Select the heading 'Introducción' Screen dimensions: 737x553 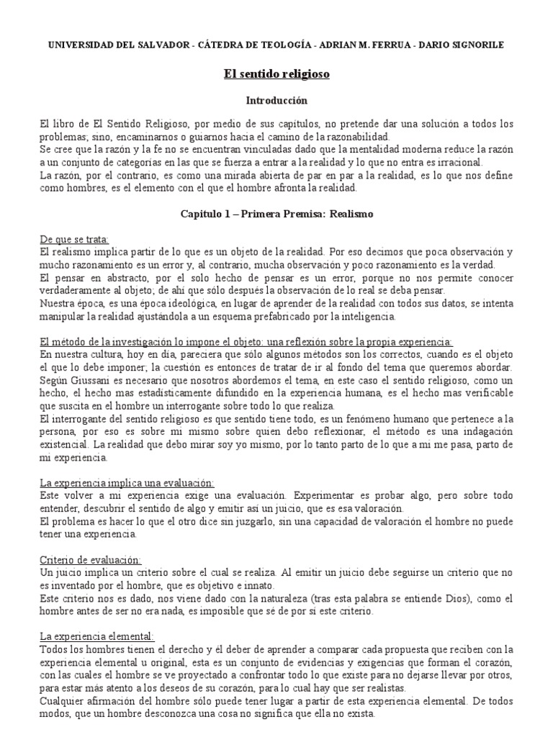pos(276,101)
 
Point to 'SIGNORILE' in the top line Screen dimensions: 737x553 pos(475,45)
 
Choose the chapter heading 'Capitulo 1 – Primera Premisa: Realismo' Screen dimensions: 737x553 pos(276,214)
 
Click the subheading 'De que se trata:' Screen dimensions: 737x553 pos(74,239)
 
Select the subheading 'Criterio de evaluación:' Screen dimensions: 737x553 pos(90,559)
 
